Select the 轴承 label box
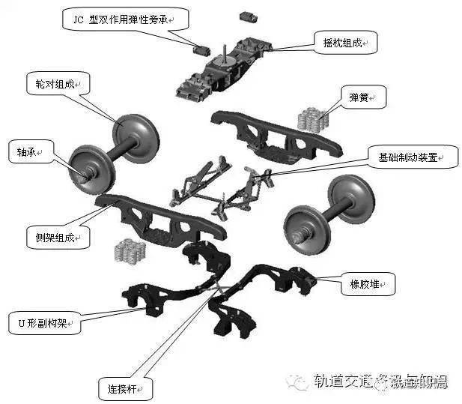[x=26, y=151]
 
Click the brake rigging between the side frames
[x=225, y=184]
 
